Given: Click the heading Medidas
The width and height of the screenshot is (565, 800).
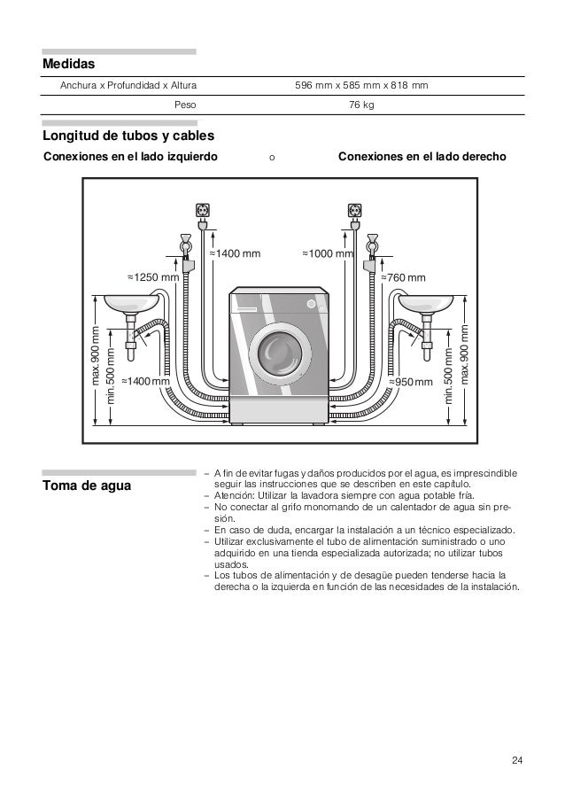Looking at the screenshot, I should click(68, 65).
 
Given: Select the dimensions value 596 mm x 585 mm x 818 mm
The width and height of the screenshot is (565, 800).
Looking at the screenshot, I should click(361, 86).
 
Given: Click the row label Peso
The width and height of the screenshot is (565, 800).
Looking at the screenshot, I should click(186, 105).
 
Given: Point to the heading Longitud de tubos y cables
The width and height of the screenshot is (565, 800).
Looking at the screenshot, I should click(129, 137).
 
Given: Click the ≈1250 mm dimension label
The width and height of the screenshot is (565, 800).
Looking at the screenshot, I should click(152, 277).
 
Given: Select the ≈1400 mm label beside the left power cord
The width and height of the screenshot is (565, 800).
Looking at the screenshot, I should click(235, 253).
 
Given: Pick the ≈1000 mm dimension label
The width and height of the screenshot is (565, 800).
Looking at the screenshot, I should click(328, 253).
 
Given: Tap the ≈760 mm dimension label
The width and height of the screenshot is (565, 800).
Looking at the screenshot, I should click(403, 277).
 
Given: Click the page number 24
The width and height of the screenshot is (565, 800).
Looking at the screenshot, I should click(517, 761).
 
